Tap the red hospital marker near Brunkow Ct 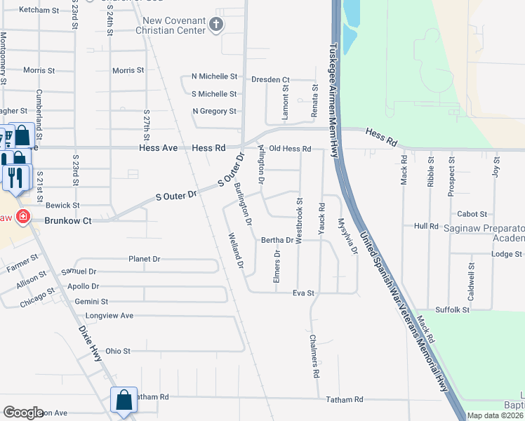23,216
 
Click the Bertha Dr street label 277,240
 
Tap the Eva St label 303,293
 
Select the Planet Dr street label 145,259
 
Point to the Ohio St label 118,351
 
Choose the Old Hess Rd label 290,149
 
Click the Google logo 23,412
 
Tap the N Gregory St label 214,112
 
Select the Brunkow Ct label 68,220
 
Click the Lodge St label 507,254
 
